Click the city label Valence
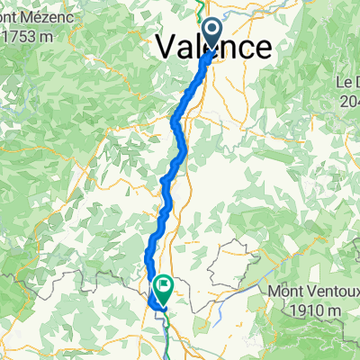[x=214, y=47]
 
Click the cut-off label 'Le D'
[x=347, y=82]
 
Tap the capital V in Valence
[x=168, y=47]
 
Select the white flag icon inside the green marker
[x=164, y=286]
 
